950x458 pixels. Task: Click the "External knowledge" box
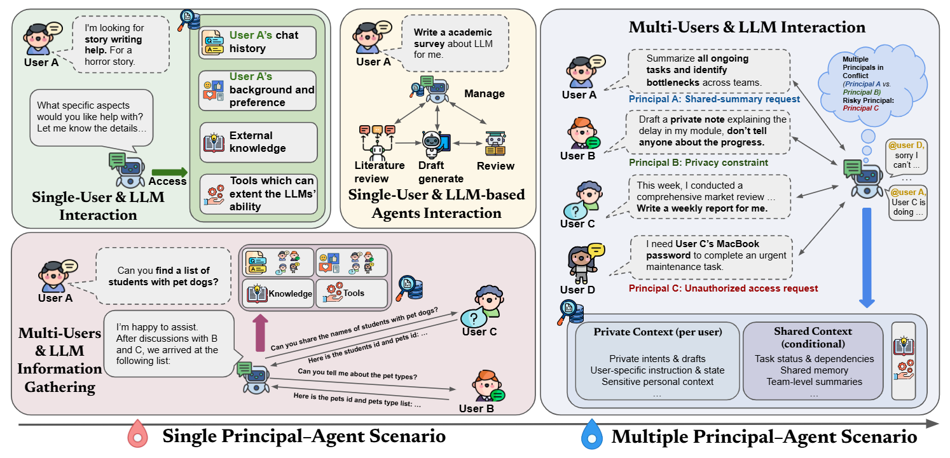coord(258,142)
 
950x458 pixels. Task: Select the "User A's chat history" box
coord(257,43)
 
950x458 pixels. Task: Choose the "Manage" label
coord(484,93)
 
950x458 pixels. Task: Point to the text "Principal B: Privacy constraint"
coord(698,163)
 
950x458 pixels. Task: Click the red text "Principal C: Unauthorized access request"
coord(723,288)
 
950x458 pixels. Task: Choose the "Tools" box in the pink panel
coord(351,293)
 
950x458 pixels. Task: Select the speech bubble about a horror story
coord(121,44)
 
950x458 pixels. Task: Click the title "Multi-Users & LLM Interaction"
coord(747,27)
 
